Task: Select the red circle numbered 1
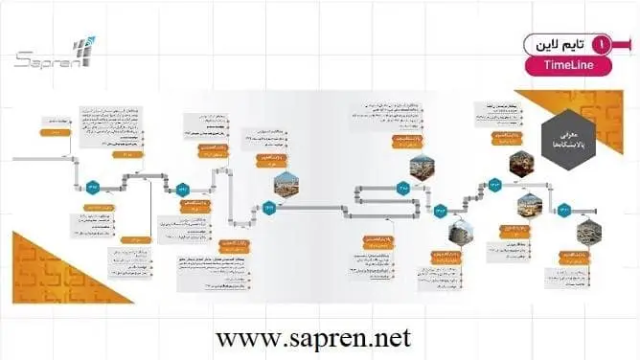click(x=601, y=44)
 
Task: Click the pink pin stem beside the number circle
click(x=623, y=44)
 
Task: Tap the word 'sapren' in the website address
click(x=321, y=338)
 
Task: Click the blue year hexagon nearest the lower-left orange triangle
click(x=93, y=186)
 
